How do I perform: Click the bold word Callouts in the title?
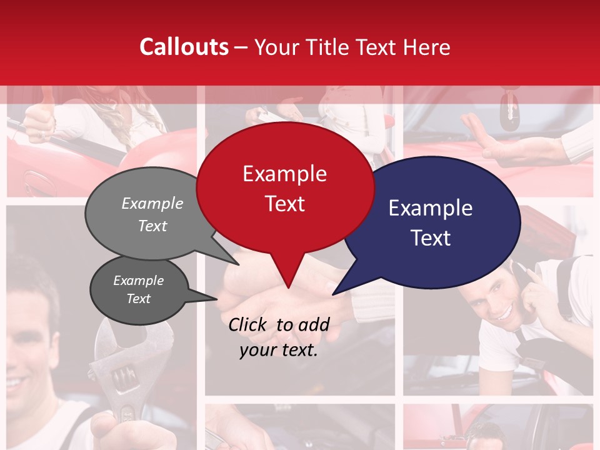point(184,47)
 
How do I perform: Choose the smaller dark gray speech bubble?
point(139,290)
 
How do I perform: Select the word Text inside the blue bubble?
point(431,238)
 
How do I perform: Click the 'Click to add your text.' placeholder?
point(278,337)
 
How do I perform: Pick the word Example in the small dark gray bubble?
point(139,281)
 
